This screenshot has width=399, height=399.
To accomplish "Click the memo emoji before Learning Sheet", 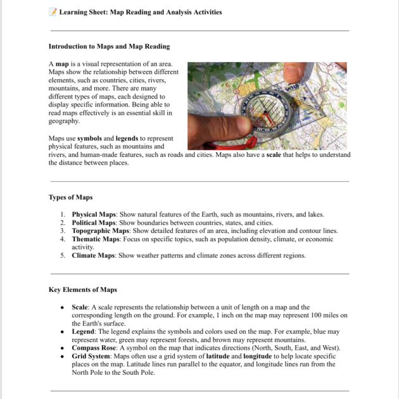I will point(53,11).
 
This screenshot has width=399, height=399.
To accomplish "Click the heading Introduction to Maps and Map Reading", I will point(109,46).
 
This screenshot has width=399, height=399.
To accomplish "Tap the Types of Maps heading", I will point(70,197).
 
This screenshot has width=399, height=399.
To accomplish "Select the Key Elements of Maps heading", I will point(82,289).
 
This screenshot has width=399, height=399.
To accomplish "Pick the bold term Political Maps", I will point(94,223).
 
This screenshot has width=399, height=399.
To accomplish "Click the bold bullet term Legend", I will point(84,331).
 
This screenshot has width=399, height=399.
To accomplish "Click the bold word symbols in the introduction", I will point(89,138).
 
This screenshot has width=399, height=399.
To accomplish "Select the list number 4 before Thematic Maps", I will point(63,239).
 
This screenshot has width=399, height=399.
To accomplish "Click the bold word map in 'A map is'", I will point(62,64).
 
